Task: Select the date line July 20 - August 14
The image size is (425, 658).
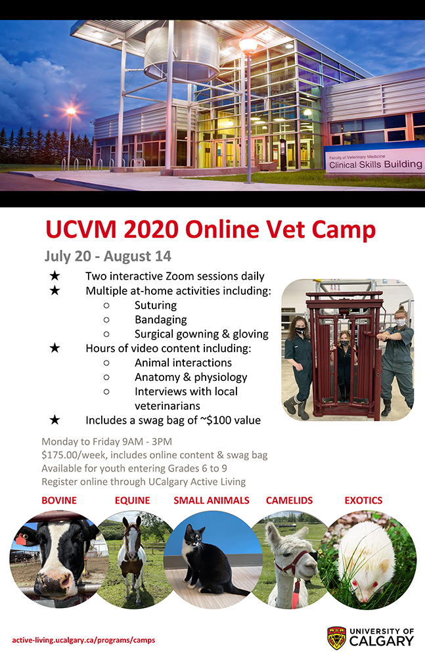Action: point(108,256)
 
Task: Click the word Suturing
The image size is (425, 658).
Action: point(156,305)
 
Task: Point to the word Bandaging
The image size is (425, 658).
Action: point(160,320)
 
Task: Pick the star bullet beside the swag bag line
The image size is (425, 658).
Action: point(55,420)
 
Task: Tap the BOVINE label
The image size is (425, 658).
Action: point(59,500)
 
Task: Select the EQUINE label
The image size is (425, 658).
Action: point(132,500)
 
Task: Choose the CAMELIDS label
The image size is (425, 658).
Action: point(289,500)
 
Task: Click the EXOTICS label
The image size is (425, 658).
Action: point(363,500)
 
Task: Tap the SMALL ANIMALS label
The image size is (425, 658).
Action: point(212,500)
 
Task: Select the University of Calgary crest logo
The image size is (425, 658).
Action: point(336,638)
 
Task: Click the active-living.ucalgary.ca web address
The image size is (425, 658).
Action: point(83,640)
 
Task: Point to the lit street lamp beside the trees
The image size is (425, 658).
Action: point(71,112)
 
